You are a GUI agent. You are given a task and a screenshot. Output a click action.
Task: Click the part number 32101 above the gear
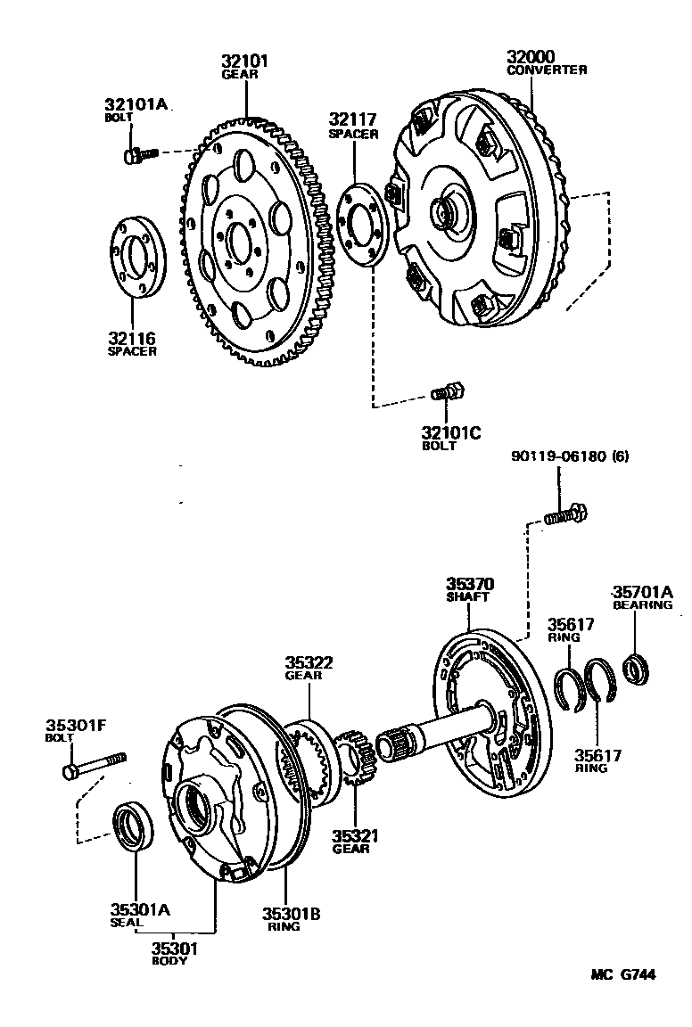point(244,61)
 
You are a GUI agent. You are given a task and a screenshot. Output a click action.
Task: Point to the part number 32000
point(532,56)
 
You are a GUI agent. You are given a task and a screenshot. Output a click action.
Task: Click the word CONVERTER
point(547,70)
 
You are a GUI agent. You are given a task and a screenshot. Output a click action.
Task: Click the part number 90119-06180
point(559,456)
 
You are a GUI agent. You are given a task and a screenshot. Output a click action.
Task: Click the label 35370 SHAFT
point(470,590)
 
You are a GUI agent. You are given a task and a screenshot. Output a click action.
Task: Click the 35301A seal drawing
point(132,826)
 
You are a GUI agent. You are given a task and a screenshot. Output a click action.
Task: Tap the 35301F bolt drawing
point(94,763)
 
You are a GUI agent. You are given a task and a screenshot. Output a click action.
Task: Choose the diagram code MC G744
point(622,975)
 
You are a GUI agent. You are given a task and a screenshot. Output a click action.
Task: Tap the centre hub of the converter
point(443,212)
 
